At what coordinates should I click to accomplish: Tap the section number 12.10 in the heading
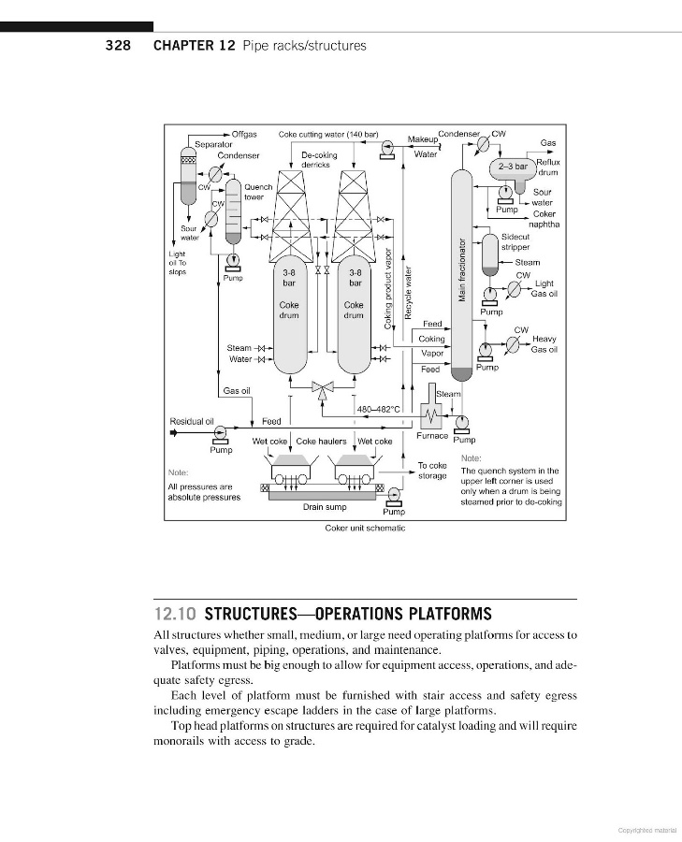tap(174, 615)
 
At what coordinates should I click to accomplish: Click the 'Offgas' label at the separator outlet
tap(244, 135)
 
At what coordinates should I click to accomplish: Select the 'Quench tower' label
tap(258, 192)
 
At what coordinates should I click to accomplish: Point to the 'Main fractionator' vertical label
tap(461, 270)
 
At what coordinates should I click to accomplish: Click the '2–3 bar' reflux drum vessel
tap(513, 167)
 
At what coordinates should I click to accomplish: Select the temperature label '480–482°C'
tap(379, 409)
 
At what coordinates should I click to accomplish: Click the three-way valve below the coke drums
tap(323, 386)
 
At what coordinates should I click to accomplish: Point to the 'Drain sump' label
tap(325, 508)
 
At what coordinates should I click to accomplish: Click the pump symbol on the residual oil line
tap(221, 433)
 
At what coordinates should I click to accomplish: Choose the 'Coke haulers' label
tap(321, 441)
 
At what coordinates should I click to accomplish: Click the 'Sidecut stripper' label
tap(515, 242)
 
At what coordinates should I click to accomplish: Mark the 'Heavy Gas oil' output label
tap(544, 344)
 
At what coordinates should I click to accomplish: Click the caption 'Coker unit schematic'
tap(365, 528)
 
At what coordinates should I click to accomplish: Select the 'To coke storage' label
tap(431, 471)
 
